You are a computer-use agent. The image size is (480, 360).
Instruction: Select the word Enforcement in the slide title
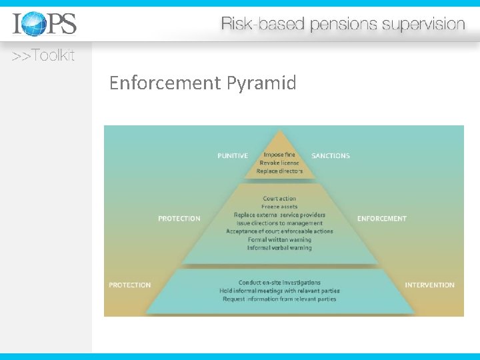(x=165, y=83)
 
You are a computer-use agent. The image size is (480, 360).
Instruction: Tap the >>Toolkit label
(x=43, y=56)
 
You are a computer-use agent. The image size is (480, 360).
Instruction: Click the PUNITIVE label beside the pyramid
(x=233, y=156)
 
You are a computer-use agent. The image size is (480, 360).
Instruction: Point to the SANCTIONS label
(x=331, y=156)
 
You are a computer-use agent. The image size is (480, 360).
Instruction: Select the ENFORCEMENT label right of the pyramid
(x=382, y=219)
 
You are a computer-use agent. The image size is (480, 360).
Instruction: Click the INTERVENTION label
(x=430, y=285)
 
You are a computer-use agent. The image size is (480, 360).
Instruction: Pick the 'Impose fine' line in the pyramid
(x=279, y=155)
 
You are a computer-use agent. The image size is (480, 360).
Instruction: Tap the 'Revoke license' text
(x=279, y=163)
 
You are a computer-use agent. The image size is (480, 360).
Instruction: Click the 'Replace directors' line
(x=279, y=171)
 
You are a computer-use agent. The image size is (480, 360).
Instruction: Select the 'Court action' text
(x=279, y=199)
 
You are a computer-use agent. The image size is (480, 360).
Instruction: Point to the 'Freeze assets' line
(x=279, y=207)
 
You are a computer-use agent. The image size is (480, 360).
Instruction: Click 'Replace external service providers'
(x=279, y=215)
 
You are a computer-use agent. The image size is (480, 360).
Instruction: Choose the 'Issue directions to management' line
(x=279, y=223)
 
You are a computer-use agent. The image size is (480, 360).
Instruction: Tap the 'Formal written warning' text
(x=279, y=239)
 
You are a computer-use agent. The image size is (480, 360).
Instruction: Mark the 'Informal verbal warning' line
(x=279, y=248)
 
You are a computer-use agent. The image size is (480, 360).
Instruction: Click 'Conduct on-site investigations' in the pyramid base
(x=279, y=283)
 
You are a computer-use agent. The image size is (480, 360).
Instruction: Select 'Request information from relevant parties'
(x=279, y=299)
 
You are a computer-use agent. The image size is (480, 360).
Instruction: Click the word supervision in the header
(x=423, y=25)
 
